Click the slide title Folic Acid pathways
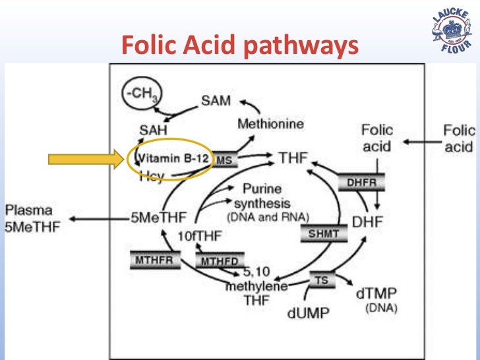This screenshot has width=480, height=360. pyautogui.click(x=240, y=45)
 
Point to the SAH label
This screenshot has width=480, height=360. pyautogui.click(x=152, y=131)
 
